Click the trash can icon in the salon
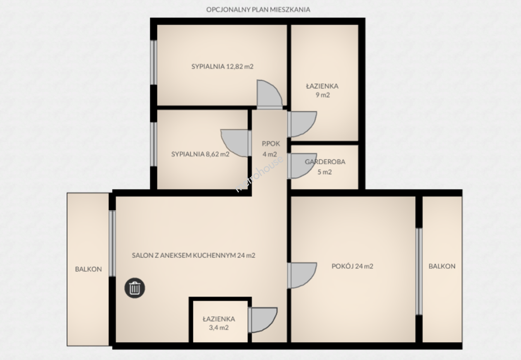click(135, 288)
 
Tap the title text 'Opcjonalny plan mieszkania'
click(258, 10)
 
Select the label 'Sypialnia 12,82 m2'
click(222, 67)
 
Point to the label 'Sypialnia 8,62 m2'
click(200, 154)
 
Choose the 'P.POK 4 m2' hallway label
click(270, 149)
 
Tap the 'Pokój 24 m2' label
click(352, 266)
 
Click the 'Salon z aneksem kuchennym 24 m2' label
click(194, 255)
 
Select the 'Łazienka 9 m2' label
click(322, 90)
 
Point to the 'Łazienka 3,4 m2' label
click(219, 323)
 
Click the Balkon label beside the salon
click(88, 269)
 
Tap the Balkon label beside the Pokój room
click(442, 266)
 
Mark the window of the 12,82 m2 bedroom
click(154, 62)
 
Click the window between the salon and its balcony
click(112, 244)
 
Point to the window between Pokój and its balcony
click(419, 272)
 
